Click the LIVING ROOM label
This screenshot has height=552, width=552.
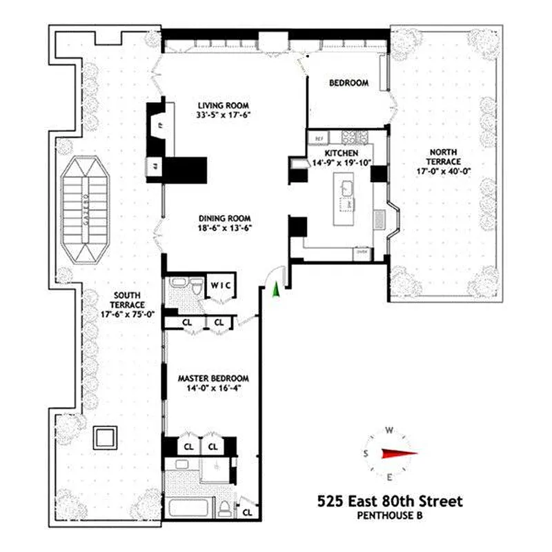222,105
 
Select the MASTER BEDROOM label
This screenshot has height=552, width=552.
213,379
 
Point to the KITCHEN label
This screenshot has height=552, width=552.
342,153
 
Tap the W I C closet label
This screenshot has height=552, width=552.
221,285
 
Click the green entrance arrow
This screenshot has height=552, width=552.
277,290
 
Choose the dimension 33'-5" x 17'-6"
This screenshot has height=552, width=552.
222,115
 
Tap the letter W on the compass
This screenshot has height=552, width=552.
389,431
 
